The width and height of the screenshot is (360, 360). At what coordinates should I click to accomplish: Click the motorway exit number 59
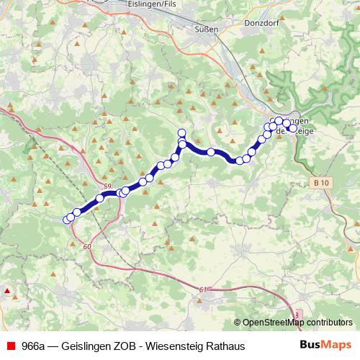pos(107,187)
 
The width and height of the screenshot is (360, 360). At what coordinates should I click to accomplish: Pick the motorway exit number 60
pos(87,247)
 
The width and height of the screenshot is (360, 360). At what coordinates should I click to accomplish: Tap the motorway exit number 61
pos(202,289)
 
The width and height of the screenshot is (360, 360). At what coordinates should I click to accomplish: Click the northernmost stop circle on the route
pos(181,132)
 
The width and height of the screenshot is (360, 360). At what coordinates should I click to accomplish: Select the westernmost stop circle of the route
pos(67,220)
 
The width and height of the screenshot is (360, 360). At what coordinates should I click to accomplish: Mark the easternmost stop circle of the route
pos(287,123)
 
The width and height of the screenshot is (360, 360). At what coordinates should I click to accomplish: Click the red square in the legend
pos(10,346)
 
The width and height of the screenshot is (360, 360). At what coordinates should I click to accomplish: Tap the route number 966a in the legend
pos(35,346)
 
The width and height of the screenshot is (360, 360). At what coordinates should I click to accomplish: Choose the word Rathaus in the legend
pos(225,346)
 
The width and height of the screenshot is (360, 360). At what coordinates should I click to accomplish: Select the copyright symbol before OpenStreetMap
pos(237,322)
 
